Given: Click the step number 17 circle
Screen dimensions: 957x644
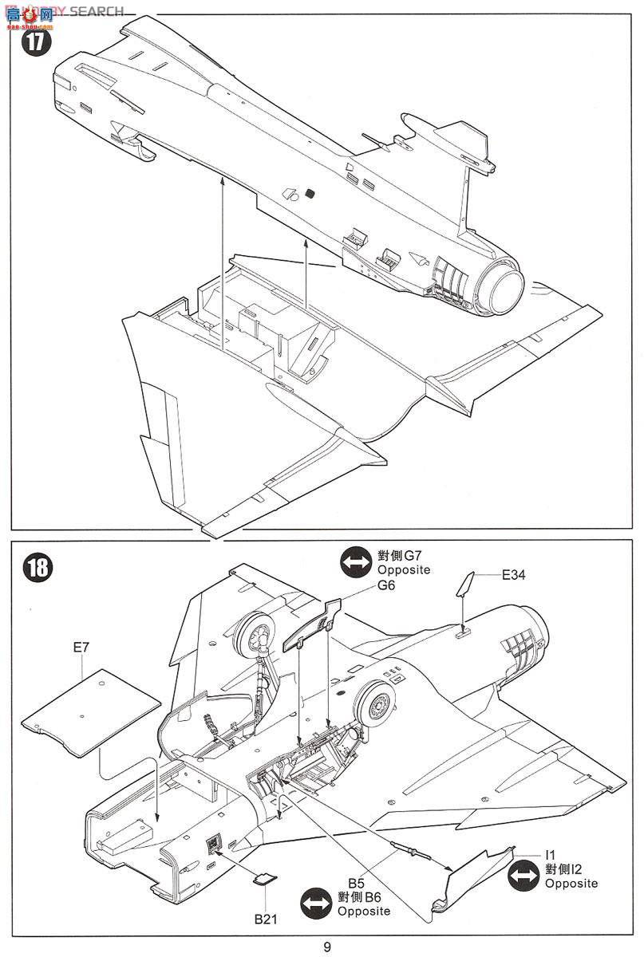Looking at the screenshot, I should click(x=34, y=42).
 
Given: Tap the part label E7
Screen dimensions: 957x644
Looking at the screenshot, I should click(x=81, y=648).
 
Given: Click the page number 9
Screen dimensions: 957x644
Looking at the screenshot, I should click(x=327, y=947).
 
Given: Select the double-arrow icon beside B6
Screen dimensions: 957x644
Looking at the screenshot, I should click(x=315, y=904).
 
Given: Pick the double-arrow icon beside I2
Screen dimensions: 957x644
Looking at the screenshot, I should click(x=523, y=876).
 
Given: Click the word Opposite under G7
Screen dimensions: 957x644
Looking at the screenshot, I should click(x=403, y=570).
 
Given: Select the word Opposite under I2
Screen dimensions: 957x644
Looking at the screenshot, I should click(x=571, y=884).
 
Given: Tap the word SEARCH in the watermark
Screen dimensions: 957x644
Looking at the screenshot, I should click(x=97, y=11).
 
